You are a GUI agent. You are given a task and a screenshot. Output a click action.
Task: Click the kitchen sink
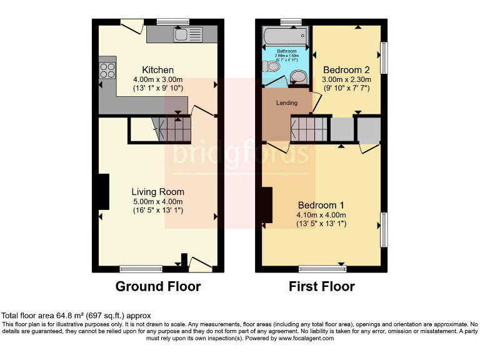pos(188,34)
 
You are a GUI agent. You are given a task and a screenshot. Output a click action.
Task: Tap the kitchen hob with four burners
pos(107,70)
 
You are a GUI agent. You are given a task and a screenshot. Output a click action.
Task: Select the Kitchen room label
pos(157,69)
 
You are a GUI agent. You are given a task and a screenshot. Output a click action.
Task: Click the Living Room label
pos(157,191)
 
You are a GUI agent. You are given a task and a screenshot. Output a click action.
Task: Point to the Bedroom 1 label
pos(321,205)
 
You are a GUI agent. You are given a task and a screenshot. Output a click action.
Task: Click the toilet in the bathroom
pos(272,66)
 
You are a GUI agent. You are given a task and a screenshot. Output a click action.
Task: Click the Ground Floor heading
pos(158,287)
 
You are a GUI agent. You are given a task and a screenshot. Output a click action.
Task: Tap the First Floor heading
pos(321,287)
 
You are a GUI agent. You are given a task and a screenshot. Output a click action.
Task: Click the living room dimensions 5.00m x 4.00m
pos(157,202)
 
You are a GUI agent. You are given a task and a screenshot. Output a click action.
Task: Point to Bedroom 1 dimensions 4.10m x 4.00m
pos(321,215)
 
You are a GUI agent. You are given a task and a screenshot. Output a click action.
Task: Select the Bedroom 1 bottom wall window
pos(322,269)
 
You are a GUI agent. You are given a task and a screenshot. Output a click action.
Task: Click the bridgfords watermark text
pos(240,153)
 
